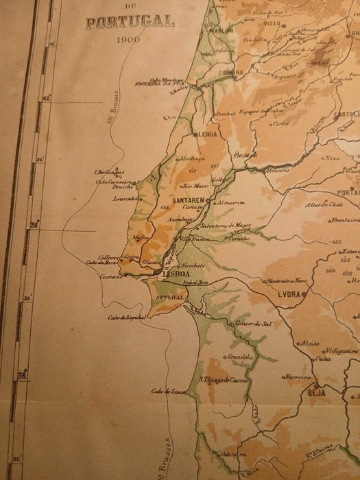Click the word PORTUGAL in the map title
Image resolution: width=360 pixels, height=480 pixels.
(x=130, y=21)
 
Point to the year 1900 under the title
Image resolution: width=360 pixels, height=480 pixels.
(x=128, y=40)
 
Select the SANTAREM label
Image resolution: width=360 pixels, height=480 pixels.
(x=189, y=201)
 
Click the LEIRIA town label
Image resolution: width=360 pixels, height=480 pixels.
(x=206, y=135)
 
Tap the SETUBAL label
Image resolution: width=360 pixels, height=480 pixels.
(x=170, y=298)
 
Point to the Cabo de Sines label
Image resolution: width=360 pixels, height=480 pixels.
(x=169, y=392)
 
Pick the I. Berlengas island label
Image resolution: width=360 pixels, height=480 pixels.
(x=110, y=173)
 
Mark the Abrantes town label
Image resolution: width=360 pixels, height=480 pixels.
(x=276, y=169)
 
